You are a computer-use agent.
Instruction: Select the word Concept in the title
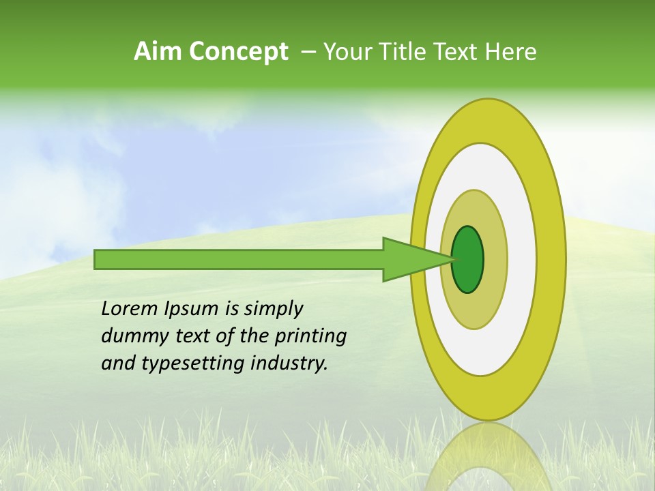(238, 52)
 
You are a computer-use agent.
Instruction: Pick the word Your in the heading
(348, 52)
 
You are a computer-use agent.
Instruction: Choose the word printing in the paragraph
(310, 337)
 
